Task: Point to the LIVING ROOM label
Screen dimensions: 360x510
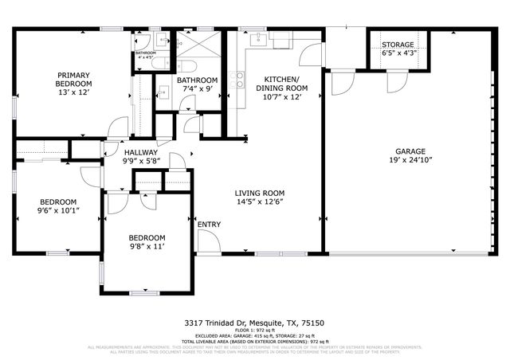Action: tap(259, 194)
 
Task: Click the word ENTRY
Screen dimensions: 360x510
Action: tap(209, 225)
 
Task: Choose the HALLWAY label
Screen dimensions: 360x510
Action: tap(140, 152)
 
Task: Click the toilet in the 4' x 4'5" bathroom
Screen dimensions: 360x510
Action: tap(158, 65)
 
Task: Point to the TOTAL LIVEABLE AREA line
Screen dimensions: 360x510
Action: tap(254, 340)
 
